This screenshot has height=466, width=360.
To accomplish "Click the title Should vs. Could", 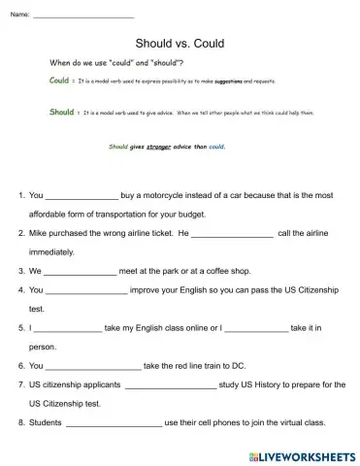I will pos(180,44).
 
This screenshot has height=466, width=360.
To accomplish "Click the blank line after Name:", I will pos(83,17).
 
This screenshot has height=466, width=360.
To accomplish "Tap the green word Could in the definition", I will pos(59,82).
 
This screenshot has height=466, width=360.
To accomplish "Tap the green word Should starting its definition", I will pos(61,113).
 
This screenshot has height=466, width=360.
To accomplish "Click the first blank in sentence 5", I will pos(68,328).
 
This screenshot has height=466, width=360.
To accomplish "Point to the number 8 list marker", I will pos(21,422).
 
